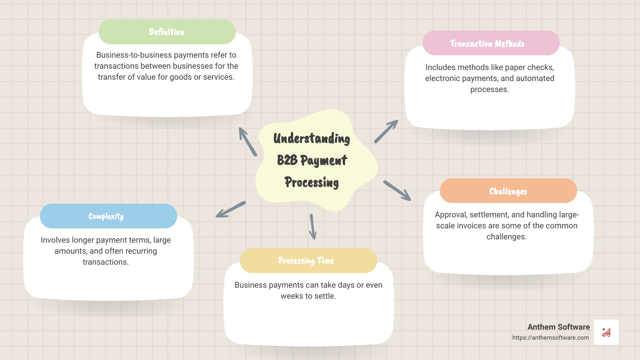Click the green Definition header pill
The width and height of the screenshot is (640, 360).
(167, 32)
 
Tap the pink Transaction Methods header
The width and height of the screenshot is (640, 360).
(491, 43)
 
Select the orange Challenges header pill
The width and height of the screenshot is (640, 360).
(508, 191)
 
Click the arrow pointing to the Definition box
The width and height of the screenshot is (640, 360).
(248, 142)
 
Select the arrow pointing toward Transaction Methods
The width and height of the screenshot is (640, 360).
(386, 132)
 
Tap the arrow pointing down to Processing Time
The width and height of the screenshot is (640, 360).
(312, 227)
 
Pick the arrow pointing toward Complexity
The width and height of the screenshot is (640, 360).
(231, 209)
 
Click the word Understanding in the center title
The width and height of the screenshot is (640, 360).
(311, 139)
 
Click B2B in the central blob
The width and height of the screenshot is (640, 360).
(287, 160)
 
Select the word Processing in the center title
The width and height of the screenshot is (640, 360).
(311, 182)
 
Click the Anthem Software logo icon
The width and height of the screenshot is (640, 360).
(606, 332)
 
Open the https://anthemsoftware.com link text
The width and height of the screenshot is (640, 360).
(550, 338)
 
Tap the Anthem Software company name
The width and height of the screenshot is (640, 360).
(558, 327)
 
